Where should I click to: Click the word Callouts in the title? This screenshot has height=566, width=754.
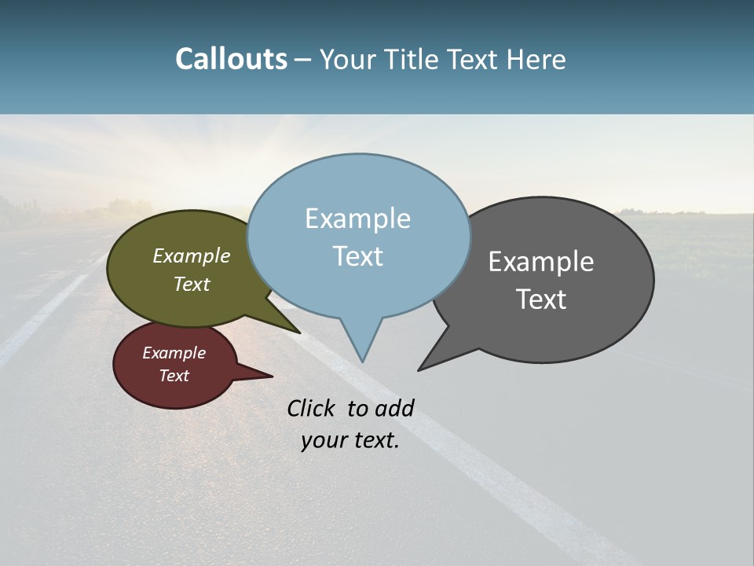231,59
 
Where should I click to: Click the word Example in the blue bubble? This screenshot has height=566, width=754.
357,219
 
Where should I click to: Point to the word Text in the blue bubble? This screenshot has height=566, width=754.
357,256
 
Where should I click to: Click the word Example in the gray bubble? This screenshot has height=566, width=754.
541,262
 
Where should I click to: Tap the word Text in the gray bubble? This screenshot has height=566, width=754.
541,300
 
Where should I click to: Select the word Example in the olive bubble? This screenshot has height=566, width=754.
191,256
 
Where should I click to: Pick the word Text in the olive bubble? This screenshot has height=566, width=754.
191,285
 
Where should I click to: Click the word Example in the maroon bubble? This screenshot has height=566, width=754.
174,354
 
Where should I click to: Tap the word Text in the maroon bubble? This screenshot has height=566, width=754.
174,376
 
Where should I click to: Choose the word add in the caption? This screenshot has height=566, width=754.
394,408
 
